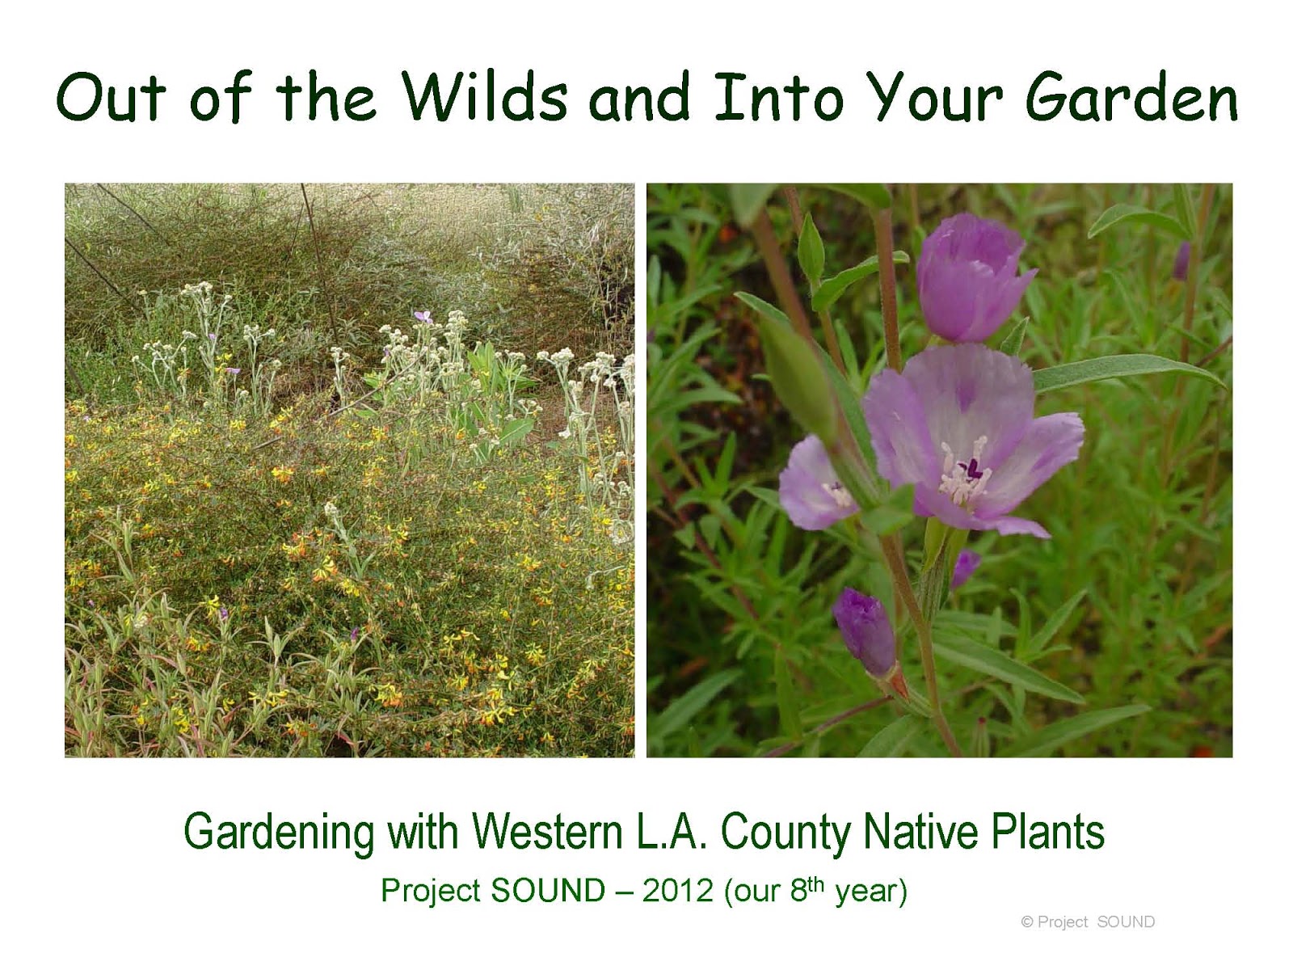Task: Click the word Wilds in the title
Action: pyautogui.click(x=485, y=98)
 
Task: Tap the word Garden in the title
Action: pyautogui.click(x=1131, y=98)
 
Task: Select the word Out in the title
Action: pyautogui.click(x=112, y=98)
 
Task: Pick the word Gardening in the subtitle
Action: pyautogui.click(x=279, y=833)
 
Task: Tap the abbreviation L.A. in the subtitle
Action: pyautogui.click(x=672, y=833)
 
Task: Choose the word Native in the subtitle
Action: pyautogui.click(x=920, y=833)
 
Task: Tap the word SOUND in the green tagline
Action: pyautogui.click(x=548, y=891)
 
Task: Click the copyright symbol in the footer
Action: pyautogui.click(x=1027, y=922)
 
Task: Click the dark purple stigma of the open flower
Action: pyautogui.click(x=971, y=467)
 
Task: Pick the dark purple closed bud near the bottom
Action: pyautogui.click(x=865, y=630)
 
